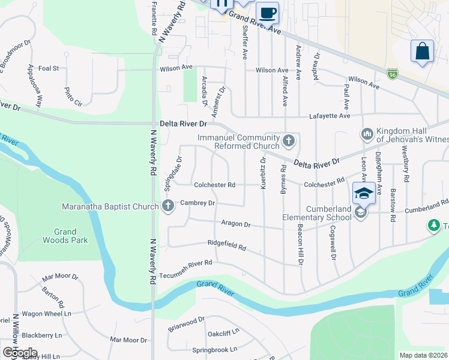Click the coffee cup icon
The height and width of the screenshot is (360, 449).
tap(267, 12)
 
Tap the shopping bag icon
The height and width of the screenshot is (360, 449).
tap(422, 51)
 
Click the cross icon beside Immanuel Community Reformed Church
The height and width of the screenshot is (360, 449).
tap(289, 142)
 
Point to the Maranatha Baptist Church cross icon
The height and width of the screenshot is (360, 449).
tap(167, 206)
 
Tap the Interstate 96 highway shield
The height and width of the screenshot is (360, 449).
tap(393, 73)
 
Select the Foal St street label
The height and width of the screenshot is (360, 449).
tap(49, 68)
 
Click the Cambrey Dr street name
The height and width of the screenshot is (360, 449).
tap(197, 203)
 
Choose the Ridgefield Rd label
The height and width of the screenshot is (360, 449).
tap(227, 247)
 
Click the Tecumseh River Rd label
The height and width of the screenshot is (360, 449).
tap(186, 263)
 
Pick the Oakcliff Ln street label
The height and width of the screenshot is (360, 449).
tap(223, 332)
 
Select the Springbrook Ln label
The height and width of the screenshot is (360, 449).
tap(214, 349)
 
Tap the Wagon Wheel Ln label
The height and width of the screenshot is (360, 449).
tap(47, 314)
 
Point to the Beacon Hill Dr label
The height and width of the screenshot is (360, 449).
tap(300, 244)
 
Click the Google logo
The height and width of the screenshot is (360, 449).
tap(20, 353)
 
